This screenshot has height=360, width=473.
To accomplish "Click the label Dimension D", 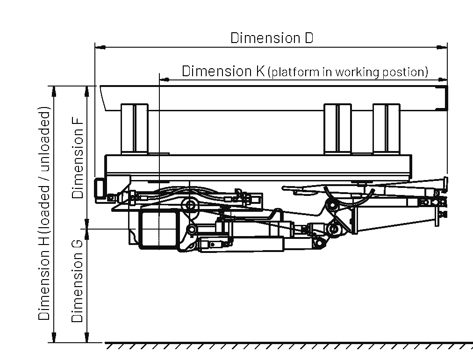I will click(272, 38).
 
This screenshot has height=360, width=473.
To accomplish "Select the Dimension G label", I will click(78, 281).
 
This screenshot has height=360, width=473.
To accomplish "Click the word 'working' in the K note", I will click(358, 72).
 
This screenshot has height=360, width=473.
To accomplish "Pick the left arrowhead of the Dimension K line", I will click(164, 79).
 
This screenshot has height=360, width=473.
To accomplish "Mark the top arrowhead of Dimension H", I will click(54, 90).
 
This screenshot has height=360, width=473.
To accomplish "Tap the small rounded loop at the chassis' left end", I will click(99, 187).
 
